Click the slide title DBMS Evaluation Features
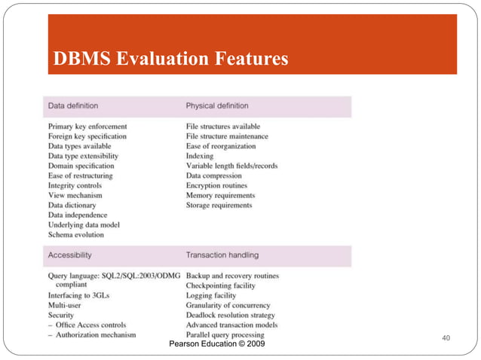click(170, 58)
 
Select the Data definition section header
click(73, 105)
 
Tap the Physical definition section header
click(217, 105)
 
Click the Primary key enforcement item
click(87, 127)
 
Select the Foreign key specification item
click(87, 136)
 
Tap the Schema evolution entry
click(77, 234)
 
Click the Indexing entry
click(201, 156)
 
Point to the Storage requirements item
click(219, 205)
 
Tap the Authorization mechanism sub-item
click(96, 335)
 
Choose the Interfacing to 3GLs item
click(78, 296)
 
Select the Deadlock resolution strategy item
click(231, 316)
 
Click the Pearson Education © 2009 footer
click(218, 344)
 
